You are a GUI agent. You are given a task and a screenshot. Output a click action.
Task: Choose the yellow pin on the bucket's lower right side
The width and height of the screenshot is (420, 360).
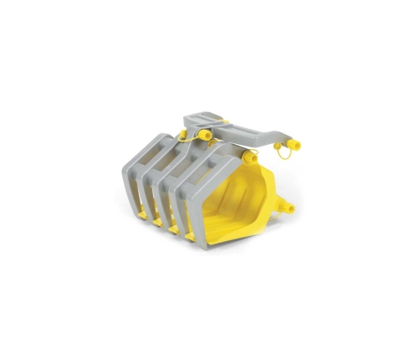tap(284, 207)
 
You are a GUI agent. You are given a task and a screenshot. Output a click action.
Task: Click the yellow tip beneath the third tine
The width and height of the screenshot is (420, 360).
tap(174, 229)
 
